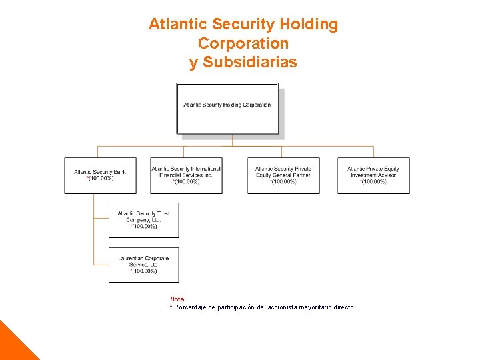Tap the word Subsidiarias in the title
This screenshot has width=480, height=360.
[x=251, y=62]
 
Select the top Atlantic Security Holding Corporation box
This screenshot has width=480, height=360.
[x=227, y=107]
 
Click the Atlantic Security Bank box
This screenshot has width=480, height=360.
[x=100, y=175]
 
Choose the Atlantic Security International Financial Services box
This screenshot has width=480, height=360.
[x=186, y=175]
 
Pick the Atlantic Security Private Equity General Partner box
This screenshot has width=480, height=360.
[x=283, y=175]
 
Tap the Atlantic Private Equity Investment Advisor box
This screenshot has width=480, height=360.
[x=373, y=175]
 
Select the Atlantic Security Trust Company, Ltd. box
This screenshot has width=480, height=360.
[x=144, y=220]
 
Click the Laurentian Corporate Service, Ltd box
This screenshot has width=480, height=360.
[x=144, y=265]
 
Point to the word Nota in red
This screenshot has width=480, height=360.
[x=177, y=299]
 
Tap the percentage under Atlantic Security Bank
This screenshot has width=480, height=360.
[x=100, y=179]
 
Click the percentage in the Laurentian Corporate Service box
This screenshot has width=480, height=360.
[x=144, y=271]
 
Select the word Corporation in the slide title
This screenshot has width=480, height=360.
[x=243, y=43]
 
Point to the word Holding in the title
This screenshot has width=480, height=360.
[x=309, y=25]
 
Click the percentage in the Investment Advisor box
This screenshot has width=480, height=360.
[x=373, y=182]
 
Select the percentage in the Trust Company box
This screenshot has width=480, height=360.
[x=144, y=227]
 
